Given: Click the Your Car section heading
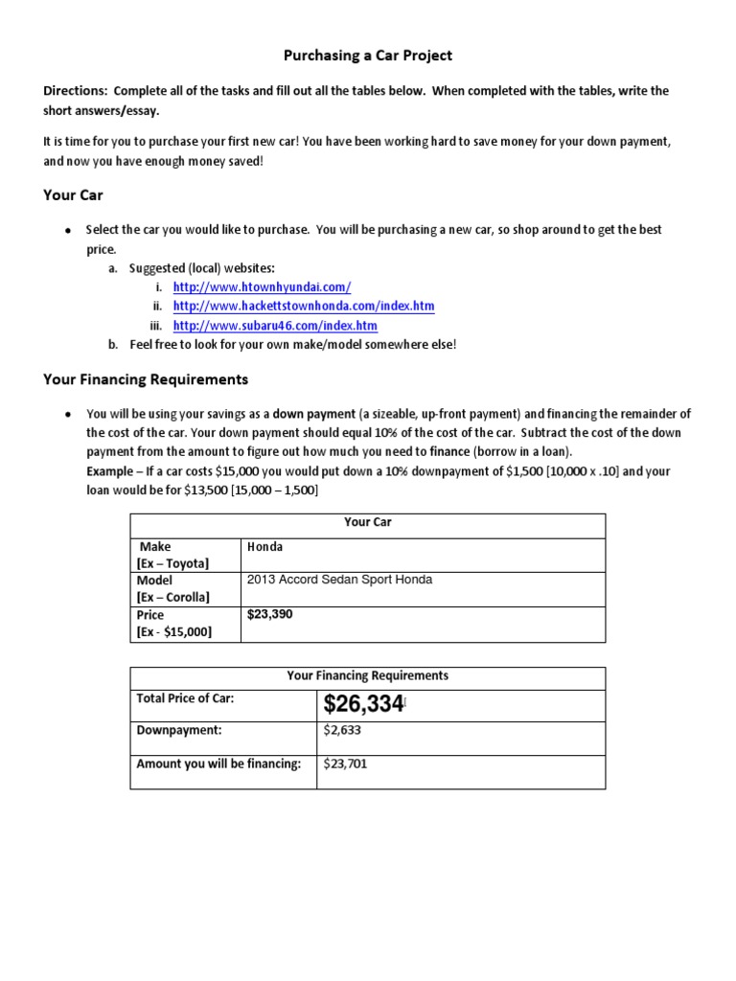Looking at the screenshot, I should (73, 194).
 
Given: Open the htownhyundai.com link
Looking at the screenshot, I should (262, 286).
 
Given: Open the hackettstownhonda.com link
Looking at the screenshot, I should (304, 306).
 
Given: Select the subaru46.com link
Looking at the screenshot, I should (270, 325).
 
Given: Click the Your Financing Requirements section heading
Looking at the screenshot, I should (146, 379).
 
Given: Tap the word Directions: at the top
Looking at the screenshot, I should (76, 91).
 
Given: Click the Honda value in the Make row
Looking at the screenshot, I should (265, 547).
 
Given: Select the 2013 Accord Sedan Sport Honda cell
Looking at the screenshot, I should (339, 580).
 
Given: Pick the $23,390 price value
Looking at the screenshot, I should (269, 614).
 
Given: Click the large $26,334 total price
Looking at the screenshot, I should (364, 705).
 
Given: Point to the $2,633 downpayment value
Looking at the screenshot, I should (342, 729).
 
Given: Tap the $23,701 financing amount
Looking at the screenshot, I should (345, 764).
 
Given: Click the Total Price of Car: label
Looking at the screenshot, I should (185, 698).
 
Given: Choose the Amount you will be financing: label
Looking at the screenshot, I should (218, 764).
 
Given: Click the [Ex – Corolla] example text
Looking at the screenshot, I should (173, 597).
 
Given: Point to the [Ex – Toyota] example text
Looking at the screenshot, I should (172, 562).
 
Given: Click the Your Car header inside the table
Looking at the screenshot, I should (368, 522).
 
